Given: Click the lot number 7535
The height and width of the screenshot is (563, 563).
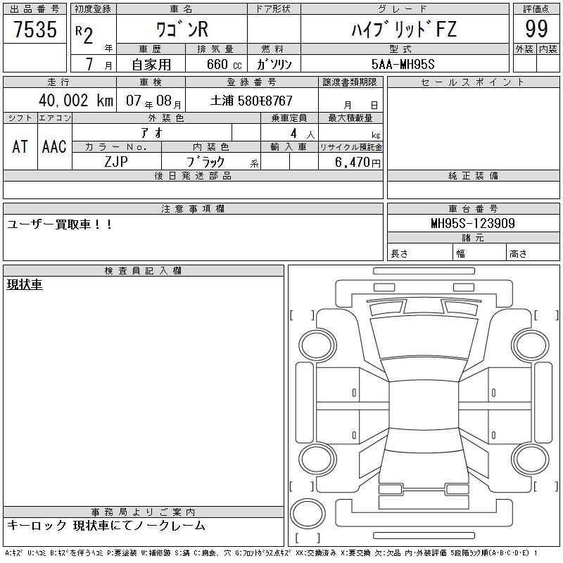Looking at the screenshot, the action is [35, 29].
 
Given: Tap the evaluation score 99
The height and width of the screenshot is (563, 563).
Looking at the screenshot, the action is [536, 29].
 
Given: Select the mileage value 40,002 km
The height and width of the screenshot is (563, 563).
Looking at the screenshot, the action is [76, 100].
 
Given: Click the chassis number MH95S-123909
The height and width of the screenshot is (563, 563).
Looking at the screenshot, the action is [473, 223].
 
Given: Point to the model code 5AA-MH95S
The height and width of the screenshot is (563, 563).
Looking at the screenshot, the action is [403, 64].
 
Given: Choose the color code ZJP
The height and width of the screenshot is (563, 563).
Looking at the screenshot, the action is [116, 162].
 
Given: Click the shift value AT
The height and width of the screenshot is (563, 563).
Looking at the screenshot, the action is [20, 146].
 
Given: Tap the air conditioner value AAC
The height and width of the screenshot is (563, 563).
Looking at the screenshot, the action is [54, 146].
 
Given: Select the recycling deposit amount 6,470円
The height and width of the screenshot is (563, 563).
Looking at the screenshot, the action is [358, 163].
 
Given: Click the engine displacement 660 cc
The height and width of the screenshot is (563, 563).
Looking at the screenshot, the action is [224, 64].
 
